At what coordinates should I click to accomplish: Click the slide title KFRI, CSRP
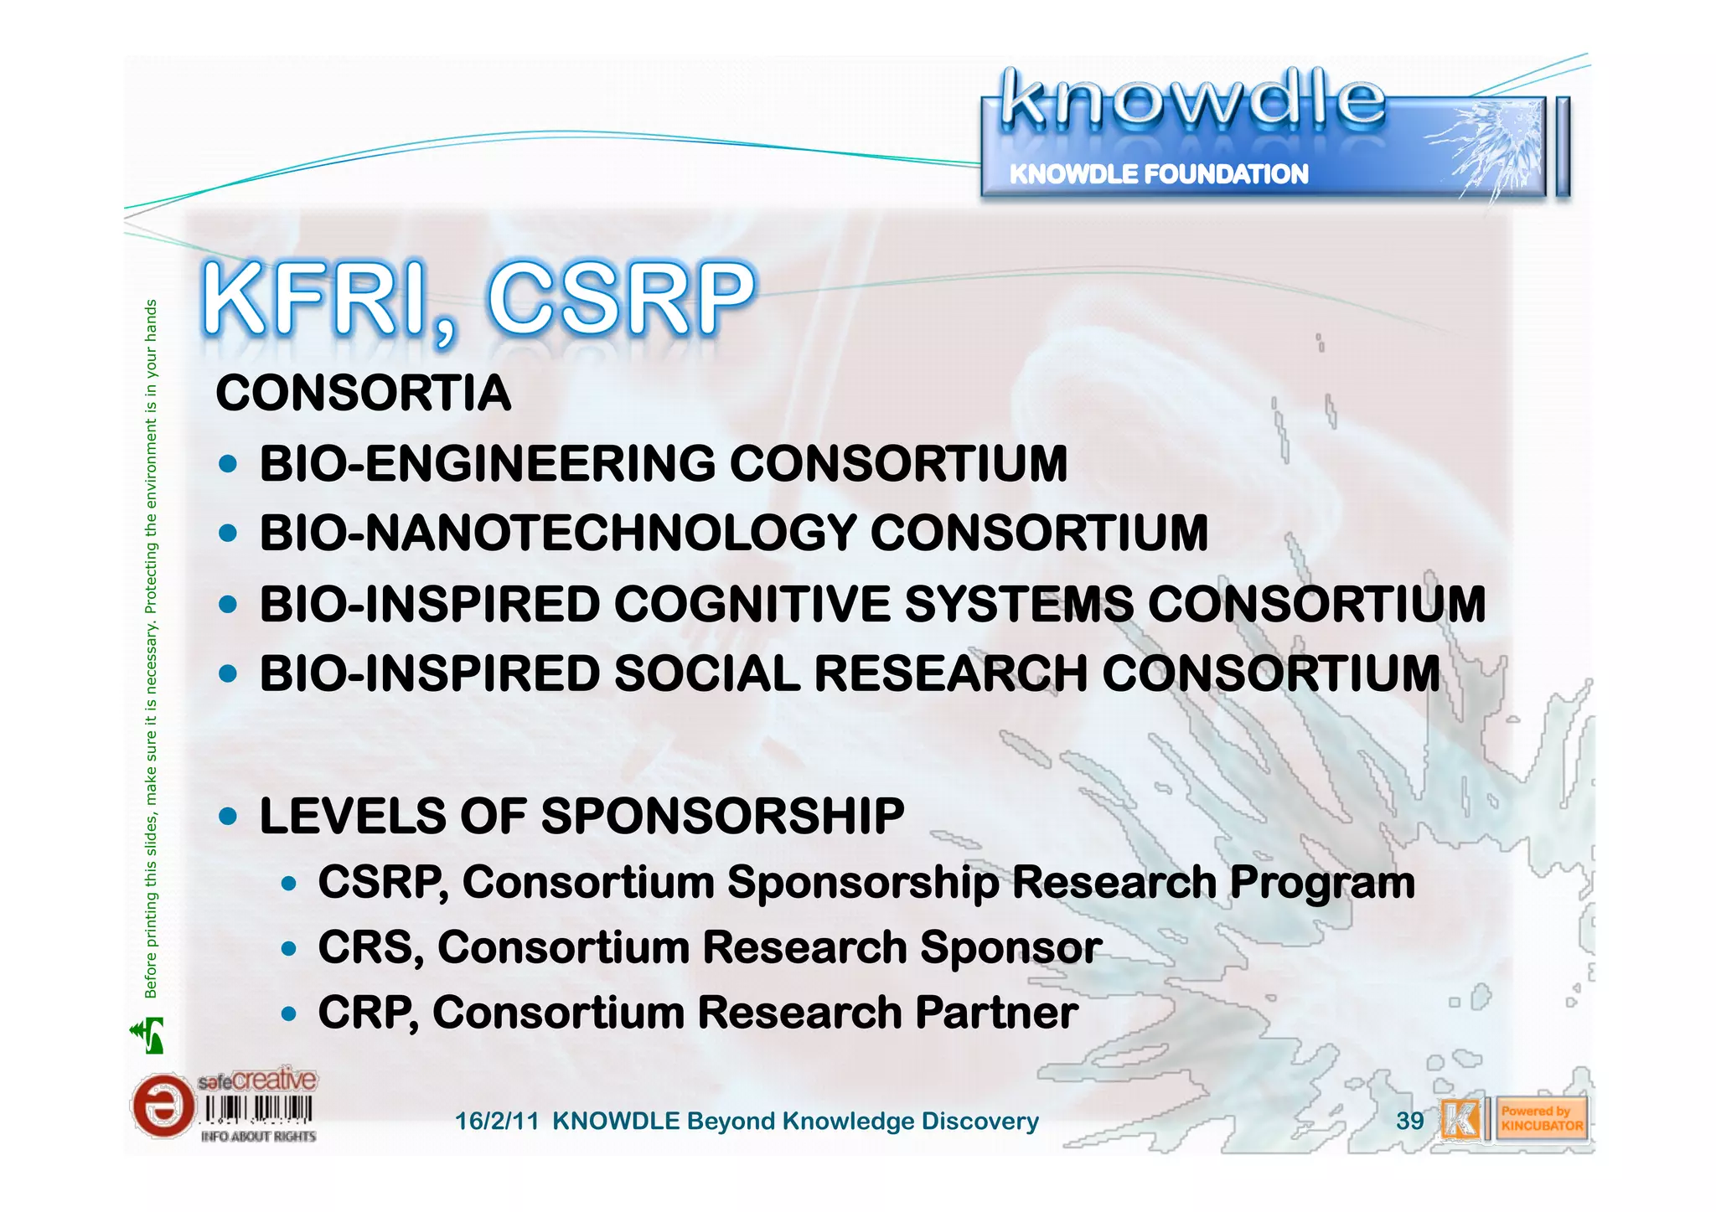478,300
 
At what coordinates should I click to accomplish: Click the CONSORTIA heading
363,393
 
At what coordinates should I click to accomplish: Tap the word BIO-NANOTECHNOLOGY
558,533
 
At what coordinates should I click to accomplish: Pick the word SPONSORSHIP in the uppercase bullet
722,815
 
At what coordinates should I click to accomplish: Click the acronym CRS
365,947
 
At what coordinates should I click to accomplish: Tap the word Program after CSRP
1321,883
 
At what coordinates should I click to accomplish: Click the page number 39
1409,1121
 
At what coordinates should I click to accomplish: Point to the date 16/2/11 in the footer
496,1122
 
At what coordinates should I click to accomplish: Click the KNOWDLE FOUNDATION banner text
1158,174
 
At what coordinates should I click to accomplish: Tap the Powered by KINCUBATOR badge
1542,1119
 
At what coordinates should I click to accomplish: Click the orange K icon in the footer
1460,1119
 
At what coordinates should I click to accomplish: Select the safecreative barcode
258,1110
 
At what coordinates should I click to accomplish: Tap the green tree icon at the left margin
148,1035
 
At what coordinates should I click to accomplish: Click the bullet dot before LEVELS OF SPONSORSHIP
227,816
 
